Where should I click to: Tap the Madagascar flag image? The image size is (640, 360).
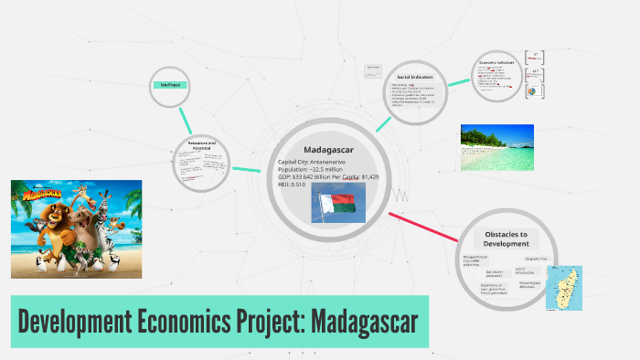point(339,202)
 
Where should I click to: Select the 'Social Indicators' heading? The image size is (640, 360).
point(415,77)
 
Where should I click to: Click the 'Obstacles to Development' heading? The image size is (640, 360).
point(507,238)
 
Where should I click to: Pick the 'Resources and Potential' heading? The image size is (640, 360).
point(201,144)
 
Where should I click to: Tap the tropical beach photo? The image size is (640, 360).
point(496,147)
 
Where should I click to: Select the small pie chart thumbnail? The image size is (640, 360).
point(533,92)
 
